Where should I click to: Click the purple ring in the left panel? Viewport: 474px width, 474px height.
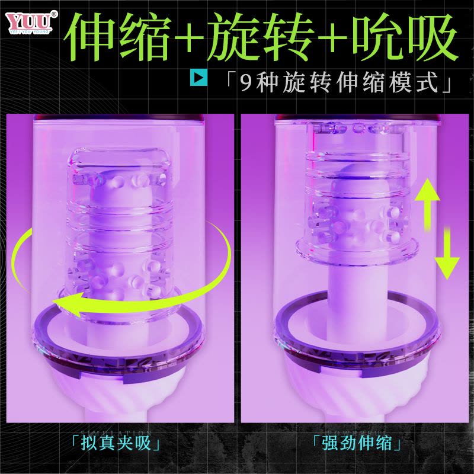coord(118,338)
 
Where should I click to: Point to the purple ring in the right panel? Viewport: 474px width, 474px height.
coord(355,338)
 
